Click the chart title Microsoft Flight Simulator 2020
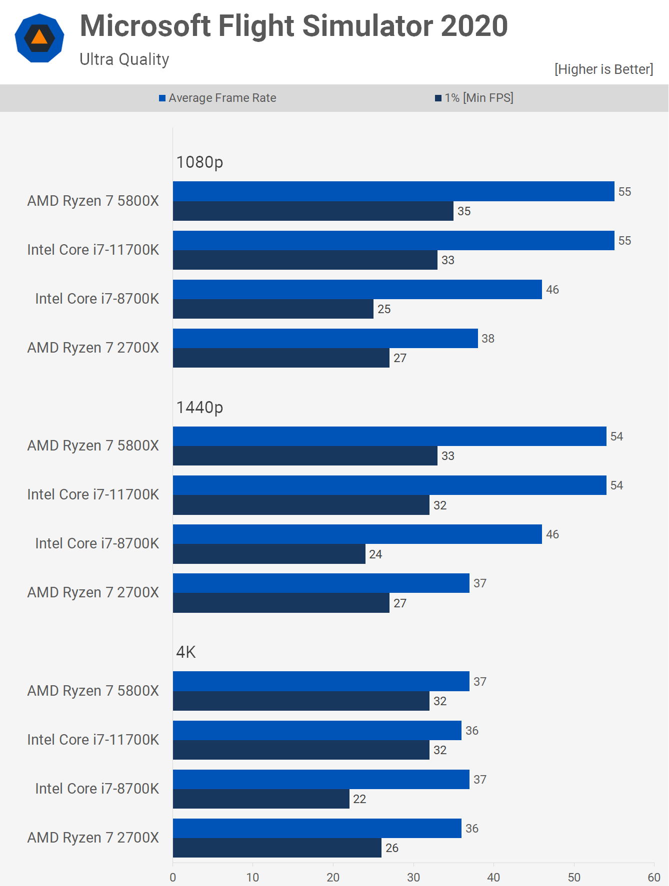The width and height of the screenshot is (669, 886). (x=293, y=26)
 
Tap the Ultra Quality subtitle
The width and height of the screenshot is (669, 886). (x=124, y=59)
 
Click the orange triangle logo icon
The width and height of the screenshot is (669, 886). (x=39, y=38)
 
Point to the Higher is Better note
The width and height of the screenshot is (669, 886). (x=603, y=69)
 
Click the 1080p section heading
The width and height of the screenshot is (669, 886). (x=199, y=162)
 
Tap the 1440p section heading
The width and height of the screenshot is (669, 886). (x=199, y=408)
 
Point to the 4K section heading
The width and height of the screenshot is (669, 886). (x=186, y=652)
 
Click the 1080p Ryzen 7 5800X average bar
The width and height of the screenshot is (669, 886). (x=393, y=191)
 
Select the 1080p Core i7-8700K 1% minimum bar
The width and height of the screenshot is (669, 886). (x=273, y=309)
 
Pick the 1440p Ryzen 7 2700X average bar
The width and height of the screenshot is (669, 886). (x=321, y=583)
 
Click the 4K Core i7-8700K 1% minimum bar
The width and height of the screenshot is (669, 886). (x=261, y=799)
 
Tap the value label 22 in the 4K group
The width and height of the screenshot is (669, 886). (x=359, y=799)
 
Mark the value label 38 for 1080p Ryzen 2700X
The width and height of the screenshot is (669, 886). (x=488, y=339)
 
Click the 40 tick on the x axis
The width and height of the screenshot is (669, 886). (x=493, y=878)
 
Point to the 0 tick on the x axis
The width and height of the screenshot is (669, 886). (x=173, y=878)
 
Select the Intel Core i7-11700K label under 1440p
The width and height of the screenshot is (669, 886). (x=93, y=494)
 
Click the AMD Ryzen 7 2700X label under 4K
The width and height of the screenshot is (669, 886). (x=93, y=838)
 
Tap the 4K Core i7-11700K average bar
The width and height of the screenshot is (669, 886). (x=317, y=730)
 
